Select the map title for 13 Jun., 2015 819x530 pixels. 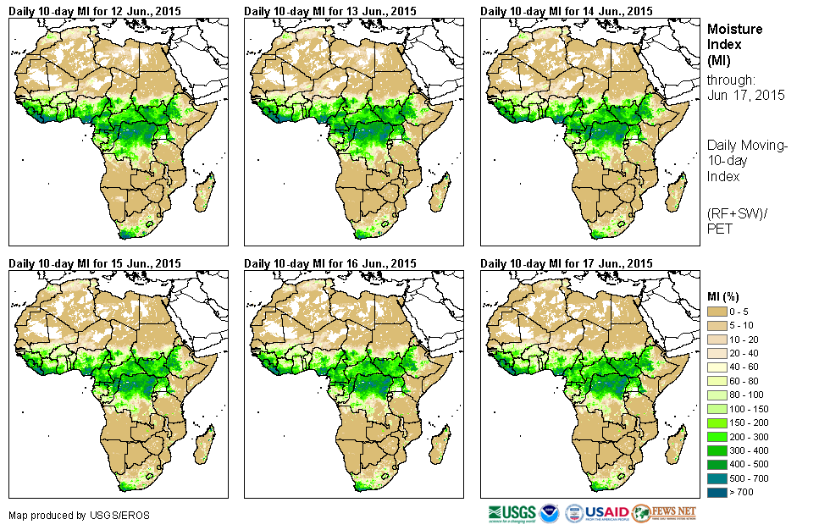330,11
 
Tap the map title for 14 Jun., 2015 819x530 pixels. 567,11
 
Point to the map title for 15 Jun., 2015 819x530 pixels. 95,263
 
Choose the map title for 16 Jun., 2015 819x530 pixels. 330,263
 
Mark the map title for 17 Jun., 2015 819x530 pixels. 567,263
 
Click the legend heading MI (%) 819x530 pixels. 726,295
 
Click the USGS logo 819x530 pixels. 511,512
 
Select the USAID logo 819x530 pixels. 607,512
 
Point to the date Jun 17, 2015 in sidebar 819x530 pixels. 745,95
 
